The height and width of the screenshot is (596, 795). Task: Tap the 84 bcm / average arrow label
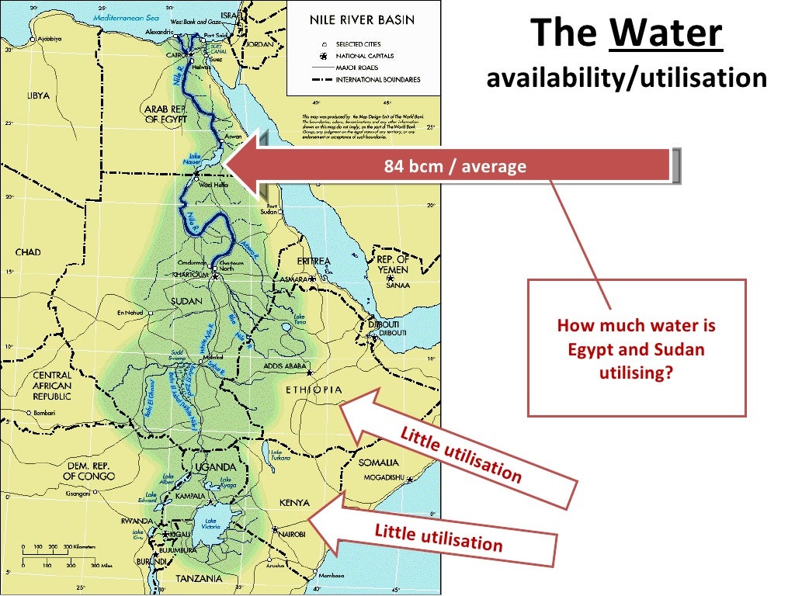coord(455,166)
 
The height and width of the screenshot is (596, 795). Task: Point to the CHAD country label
coord(29,252)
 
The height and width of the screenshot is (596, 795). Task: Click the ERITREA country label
coord(314,262)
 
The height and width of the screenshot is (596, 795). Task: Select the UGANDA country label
coord(215,466)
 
